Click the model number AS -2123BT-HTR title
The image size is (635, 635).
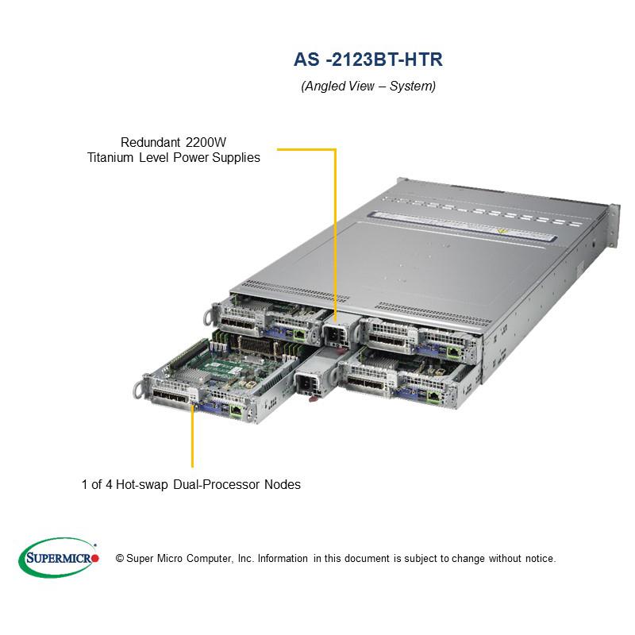[x=368, y=60]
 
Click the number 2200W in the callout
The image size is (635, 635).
[x=205, y=142]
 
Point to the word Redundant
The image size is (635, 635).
[x=150, y=142]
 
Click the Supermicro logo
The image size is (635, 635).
[x=59, y=557]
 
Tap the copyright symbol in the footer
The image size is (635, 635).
[x=120, y=559]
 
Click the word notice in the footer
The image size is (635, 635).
[x=539, y=559]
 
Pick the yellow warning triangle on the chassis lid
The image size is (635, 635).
[x=501, y=231]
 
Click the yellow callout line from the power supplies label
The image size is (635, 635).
[x=335, y=230]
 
